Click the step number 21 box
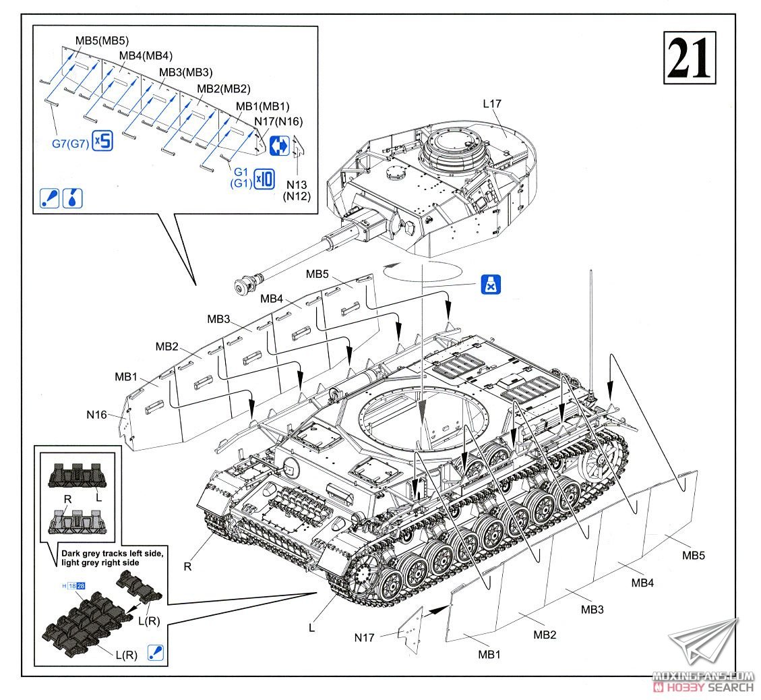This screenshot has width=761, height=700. point(689,59)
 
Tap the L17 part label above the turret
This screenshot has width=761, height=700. point(492,104)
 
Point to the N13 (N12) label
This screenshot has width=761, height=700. point(295,190)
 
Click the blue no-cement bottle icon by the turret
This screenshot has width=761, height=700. point(491,285)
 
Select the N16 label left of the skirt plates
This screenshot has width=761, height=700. point(97,415)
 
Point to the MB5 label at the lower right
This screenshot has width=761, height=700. point(693,555)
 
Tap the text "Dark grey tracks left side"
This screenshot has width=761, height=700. point(111,554)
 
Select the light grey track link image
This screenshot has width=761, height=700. point(75,521)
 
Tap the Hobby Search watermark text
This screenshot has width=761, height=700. point(705,687)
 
